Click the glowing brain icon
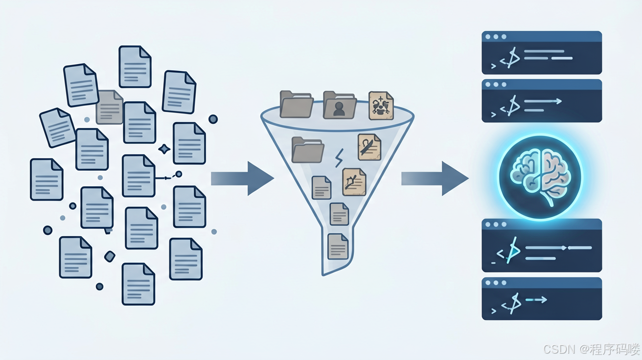tap(540, 177)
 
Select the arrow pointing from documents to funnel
tap(243, 179)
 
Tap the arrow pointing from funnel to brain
tap(435, 179)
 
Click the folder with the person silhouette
tap(340, 105)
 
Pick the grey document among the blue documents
tap(110, 107)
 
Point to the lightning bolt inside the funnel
tap(339, 158)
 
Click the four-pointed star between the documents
tap(164, 149)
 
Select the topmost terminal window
tap(542, 53)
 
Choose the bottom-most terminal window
tap(542, 298)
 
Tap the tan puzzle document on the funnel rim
tap(381, 105)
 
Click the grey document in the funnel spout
tap(338, 247)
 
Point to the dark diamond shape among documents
tap(110, 256)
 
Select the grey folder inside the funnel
tap(307, 150)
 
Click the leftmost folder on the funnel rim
tap(297, 104)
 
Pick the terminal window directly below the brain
tap(542, 246)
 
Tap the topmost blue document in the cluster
tap(135, 67)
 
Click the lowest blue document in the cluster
tap(138, 284)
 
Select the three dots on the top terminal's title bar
tap(496, 37)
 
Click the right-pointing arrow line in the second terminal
tap(543, 101)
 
